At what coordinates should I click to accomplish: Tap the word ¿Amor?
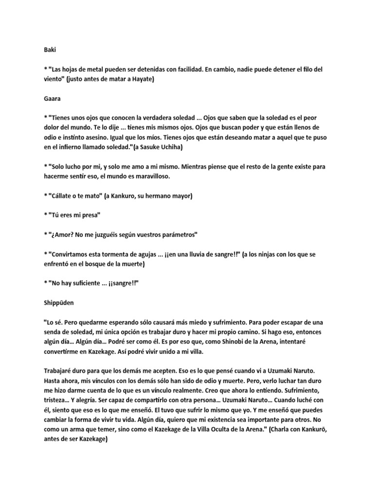pos(61,235)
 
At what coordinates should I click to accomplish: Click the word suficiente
pos(91,284)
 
